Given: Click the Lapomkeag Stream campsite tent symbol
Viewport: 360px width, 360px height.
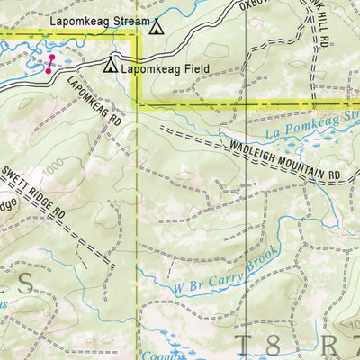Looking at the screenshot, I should coord(157,27).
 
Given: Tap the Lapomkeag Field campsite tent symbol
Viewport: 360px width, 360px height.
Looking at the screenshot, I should coord(111,66).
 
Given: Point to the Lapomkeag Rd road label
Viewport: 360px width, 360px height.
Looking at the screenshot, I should coord(94,98).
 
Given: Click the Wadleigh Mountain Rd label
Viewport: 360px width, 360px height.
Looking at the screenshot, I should coord(285,154).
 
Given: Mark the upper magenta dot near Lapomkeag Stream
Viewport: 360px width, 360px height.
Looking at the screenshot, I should coord(51,57).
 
